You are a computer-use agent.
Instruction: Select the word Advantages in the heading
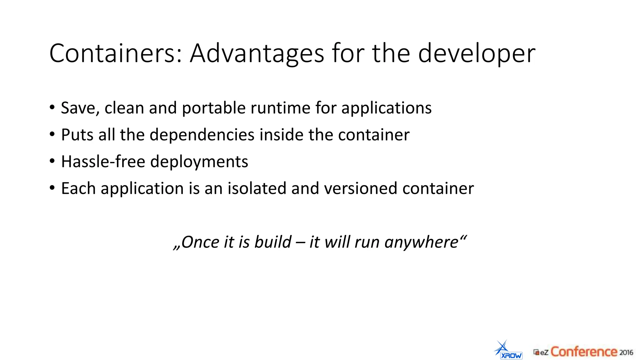point(257,53)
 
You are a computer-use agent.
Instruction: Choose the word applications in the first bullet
point(386,108)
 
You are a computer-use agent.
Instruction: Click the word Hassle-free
point(103,162)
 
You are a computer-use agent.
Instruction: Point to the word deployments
point(199,162)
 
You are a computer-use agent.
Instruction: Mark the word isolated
point(257,189)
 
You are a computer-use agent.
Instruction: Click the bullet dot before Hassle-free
point(52,161)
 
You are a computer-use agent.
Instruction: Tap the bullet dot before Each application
point(52,188)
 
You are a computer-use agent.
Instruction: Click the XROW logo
point(508,350)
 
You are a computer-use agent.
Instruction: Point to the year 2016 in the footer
point(626,352)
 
